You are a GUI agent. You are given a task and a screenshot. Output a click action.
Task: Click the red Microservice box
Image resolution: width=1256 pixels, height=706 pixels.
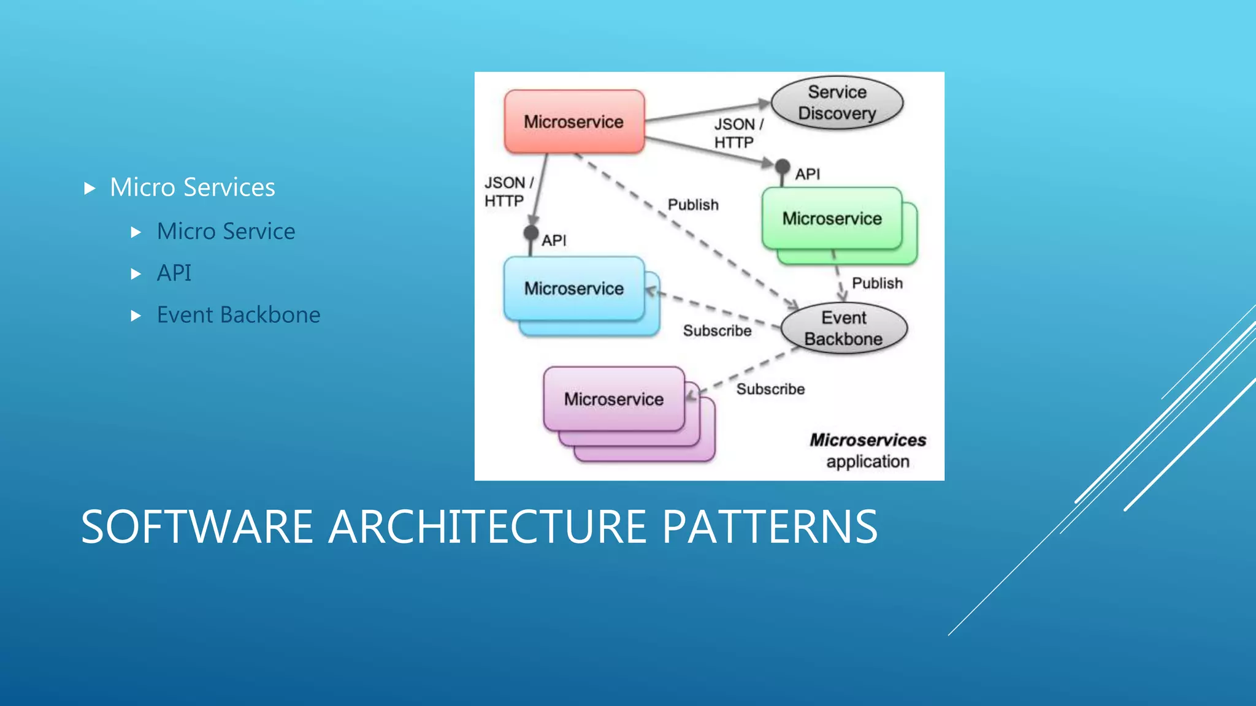pyautogui.click(x=574, y=121)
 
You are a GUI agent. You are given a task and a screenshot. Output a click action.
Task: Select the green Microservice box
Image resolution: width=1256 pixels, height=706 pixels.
pyautogui.click(x=832, y=218)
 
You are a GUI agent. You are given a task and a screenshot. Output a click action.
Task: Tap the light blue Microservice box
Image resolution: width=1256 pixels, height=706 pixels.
pyautogui.click(x=573, y=288)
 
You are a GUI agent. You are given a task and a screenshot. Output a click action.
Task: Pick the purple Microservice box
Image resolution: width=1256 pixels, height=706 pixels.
pyautogui.click(x=613, y=399)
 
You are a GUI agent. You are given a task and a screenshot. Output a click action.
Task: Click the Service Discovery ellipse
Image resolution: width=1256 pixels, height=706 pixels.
pyautogui.click(x=837, y=103)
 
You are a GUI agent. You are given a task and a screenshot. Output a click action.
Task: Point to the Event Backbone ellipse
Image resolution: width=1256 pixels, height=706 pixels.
pyautogui.click(x=844, y=328)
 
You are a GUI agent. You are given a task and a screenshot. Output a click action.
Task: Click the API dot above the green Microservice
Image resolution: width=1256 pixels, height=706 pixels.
pyautogui.click(x=782, y=166)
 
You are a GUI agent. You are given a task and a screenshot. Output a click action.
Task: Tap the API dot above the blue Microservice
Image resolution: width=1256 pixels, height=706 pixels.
pyautogui.click(x=531, y=233)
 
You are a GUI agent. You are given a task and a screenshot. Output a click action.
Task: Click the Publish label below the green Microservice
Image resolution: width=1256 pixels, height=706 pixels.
pyautogui.click(x=877, y=283)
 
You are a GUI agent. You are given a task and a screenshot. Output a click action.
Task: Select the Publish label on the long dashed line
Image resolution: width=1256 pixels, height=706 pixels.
pyautogui.click(x=693, y=205)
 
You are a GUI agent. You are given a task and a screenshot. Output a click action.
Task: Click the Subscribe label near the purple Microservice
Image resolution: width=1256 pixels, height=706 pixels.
pyautogui.click(x=770, y=389)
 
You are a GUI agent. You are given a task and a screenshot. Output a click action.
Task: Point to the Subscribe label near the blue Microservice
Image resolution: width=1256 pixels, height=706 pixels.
pyautogui.click(x=717, y=331)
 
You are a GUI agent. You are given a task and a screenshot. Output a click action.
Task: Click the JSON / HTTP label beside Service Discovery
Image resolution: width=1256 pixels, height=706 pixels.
pyautogui.click(x=738, y=133)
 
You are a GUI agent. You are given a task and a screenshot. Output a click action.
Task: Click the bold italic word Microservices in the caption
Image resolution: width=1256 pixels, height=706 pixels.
pyautogui.click(x=867, y=440)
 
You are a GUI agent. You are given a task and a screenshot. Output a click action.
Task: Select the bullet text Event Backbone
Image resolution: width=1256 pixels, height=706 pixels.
pyautogui.click(x=239, y=315)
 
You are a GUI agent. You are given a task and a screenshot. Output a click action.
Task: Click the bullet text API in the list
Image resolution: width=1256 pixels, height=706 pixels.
pyautogui.click(x=174, y=273)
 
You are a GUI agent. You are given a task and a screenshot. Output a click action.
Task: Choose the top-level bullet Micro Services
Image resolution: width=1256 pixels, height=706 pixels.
pyautogui.click(x=192, y=188)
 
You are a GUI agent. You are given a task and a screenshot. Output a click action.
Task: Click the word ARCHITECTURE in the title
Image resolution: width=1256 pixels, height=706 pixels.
pyautogui.click(x=487, y=527)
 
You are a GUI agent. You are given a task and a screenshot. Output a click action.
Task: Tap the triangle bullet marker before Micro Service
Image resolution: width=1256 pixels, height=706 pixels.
pyautogui.click(x=136, y=232)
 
